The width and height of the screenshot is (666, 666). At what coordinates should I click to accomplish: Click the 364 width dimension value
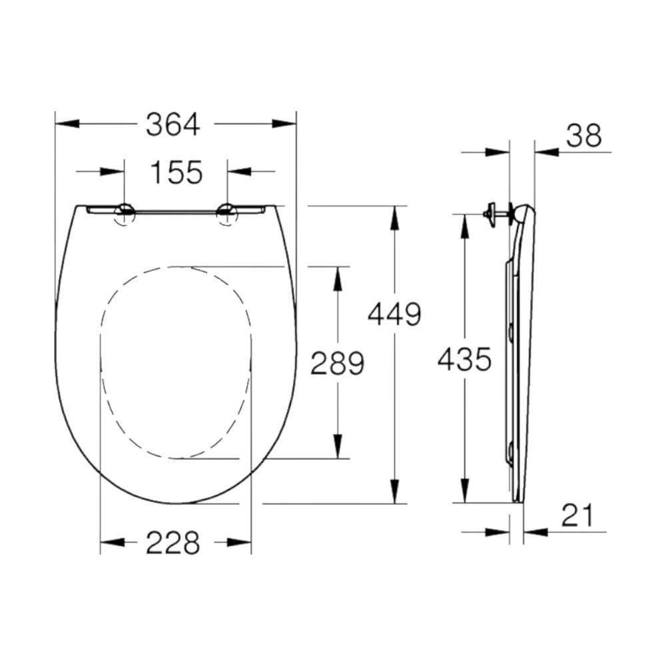pos(172,125)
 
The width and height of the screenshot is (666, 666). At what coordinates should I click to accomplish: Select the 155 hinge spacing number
pos(176,172)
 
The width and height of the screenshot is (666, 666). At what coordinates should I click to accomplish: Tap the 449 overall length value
pos(395,314)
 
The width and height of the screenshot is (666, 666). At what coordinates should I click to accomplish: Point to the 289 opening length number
pos(338,363)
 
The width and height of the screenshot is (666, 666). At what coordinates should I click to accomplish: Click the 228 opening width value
pos(172,543)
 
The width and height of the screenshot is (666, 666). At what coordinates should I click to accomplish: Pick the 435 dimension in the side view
pos(464,360)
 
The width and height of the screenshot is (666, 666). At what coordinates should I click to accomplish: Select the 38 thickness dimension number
pos(584,136)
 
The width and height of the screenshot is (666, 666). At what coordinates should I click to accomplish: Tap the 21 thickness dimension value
pos(577,515)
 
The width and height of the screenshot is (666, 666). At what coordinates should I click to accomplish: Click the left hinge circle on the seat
pos(125,214)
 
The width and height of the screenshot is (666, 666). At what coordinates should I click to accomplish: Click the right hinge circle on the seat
pos(227,214)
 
